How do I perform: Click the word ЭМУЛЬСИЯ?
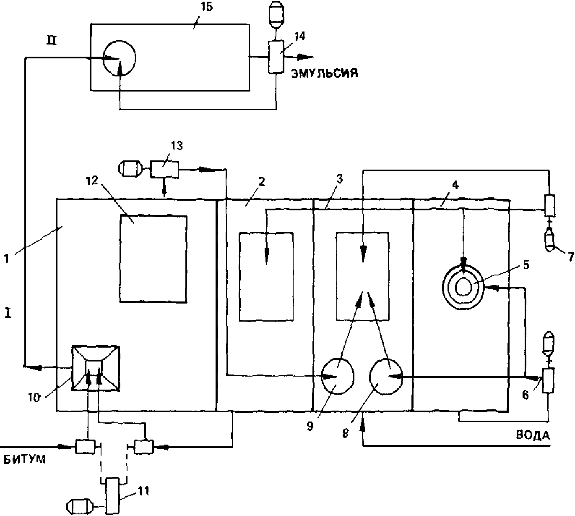(324, 74)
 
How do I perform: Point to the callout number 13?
(176, 146)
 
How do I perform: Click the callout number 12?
(92, 181)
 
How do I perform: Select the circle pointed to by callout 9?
(337, 377)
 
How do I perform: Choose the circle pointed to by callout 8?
(386, 377)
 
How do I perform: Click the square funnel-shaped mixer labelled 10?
(96, 368)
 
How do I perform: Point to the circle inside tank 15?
(119, 58)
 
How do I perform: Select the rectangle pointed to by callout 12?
(153, 259)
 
